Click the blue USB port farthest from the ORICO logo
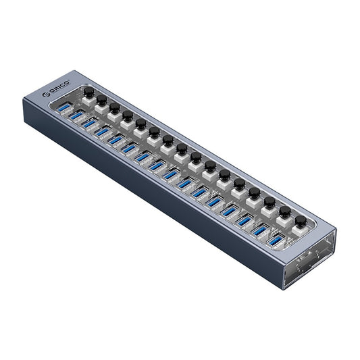click(x=276, y=239)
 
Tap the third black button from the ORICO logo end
click(x=114, y=107)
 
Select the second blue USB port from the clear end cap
click(x=260, y=230)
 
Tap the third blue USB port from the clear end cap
click(x=245, y=220)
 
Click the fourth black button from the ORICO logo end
click(x=127, y=115)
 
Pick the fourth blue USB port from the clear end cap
click(x=230, y=211)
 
